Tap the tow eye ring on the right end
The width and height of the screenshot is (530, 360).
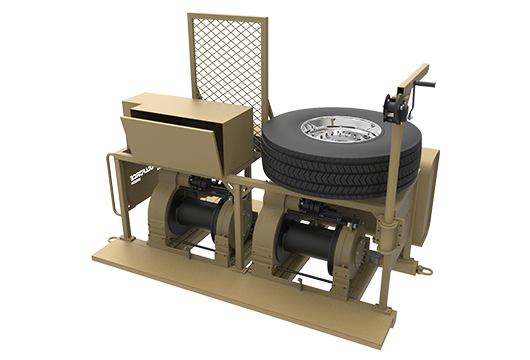coord(423,267)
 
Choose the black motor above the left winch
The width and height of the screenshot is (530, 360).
coord(206,185)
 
